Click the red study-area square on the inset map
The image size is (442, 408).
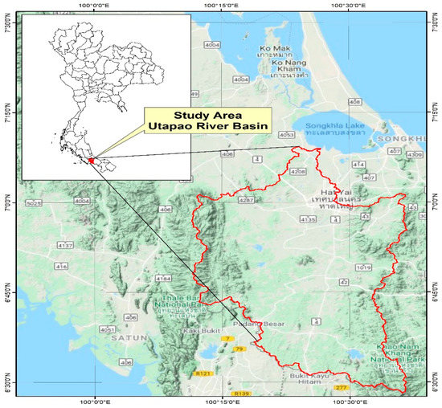(x=92, y=161)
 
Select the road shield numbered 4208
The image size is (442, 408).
(x=297, y=172)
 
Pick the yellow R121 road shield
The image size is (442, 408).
(x=203, y=373)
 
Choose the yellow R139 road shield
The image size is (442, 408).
(x=240, y=394)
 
